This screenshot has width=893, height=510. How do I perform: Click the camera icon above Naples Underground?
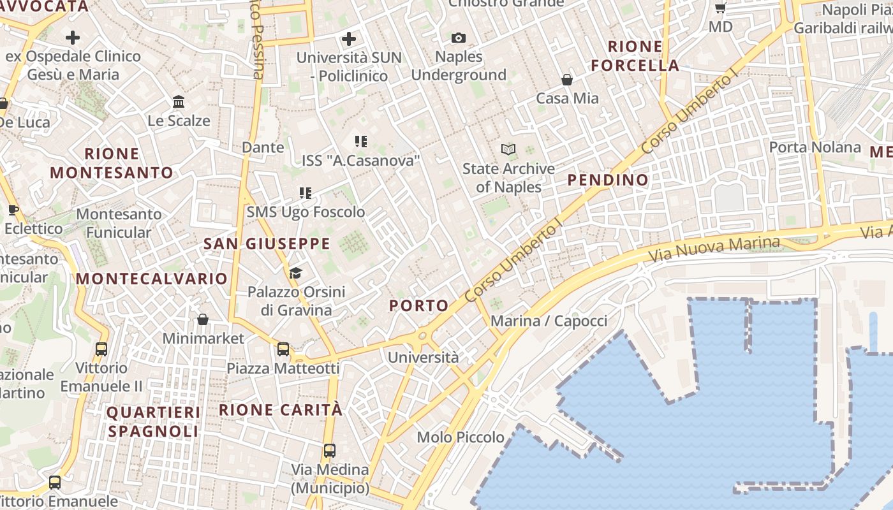point(458,38)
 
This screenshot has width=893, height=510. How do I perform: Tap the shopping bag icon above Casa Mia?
point(566,80)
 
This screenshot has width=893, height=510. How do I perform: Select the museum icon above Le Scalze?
point(179,102)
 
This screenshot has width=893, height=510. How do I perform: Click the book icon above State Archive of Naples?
point(508,150)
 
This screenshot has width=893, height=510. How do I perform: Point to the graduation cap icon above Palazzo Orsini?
point(295,273)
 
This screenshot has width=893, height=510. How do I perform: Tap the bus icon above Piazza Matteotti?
point(283,349)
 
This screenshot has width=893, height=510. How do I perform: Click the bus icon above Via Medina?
point(329,451)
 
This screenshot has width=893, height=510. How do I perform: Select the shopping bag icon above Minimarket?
point(202,319)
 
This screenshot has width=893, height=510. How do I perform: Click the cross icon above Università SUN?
point(348,39)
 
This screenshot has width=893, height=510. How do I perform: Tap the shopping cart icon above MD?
point(720,8)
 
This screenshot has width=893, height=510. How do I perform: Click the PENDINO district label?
point(608,180)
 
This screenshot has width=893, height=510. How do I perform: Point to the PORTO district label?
point(419,306)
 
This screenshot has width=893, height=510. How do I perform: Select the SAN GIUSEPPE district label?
point(267,244)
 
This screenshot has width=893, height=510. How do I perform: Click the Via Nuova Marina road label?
point(714,249)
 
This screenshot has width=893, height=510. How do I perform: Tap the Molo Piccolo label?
point(461,437)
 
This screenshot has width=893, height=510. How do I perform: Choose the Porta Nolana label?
point(815,147)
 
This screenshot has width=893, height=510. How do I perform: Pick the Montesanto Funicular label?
point(119,223)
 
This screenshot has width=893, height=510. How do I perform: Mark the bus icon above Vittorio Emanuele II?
point(101,349)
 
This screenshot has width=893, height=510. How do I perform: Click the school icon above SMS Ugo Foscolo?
point(306,193)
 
